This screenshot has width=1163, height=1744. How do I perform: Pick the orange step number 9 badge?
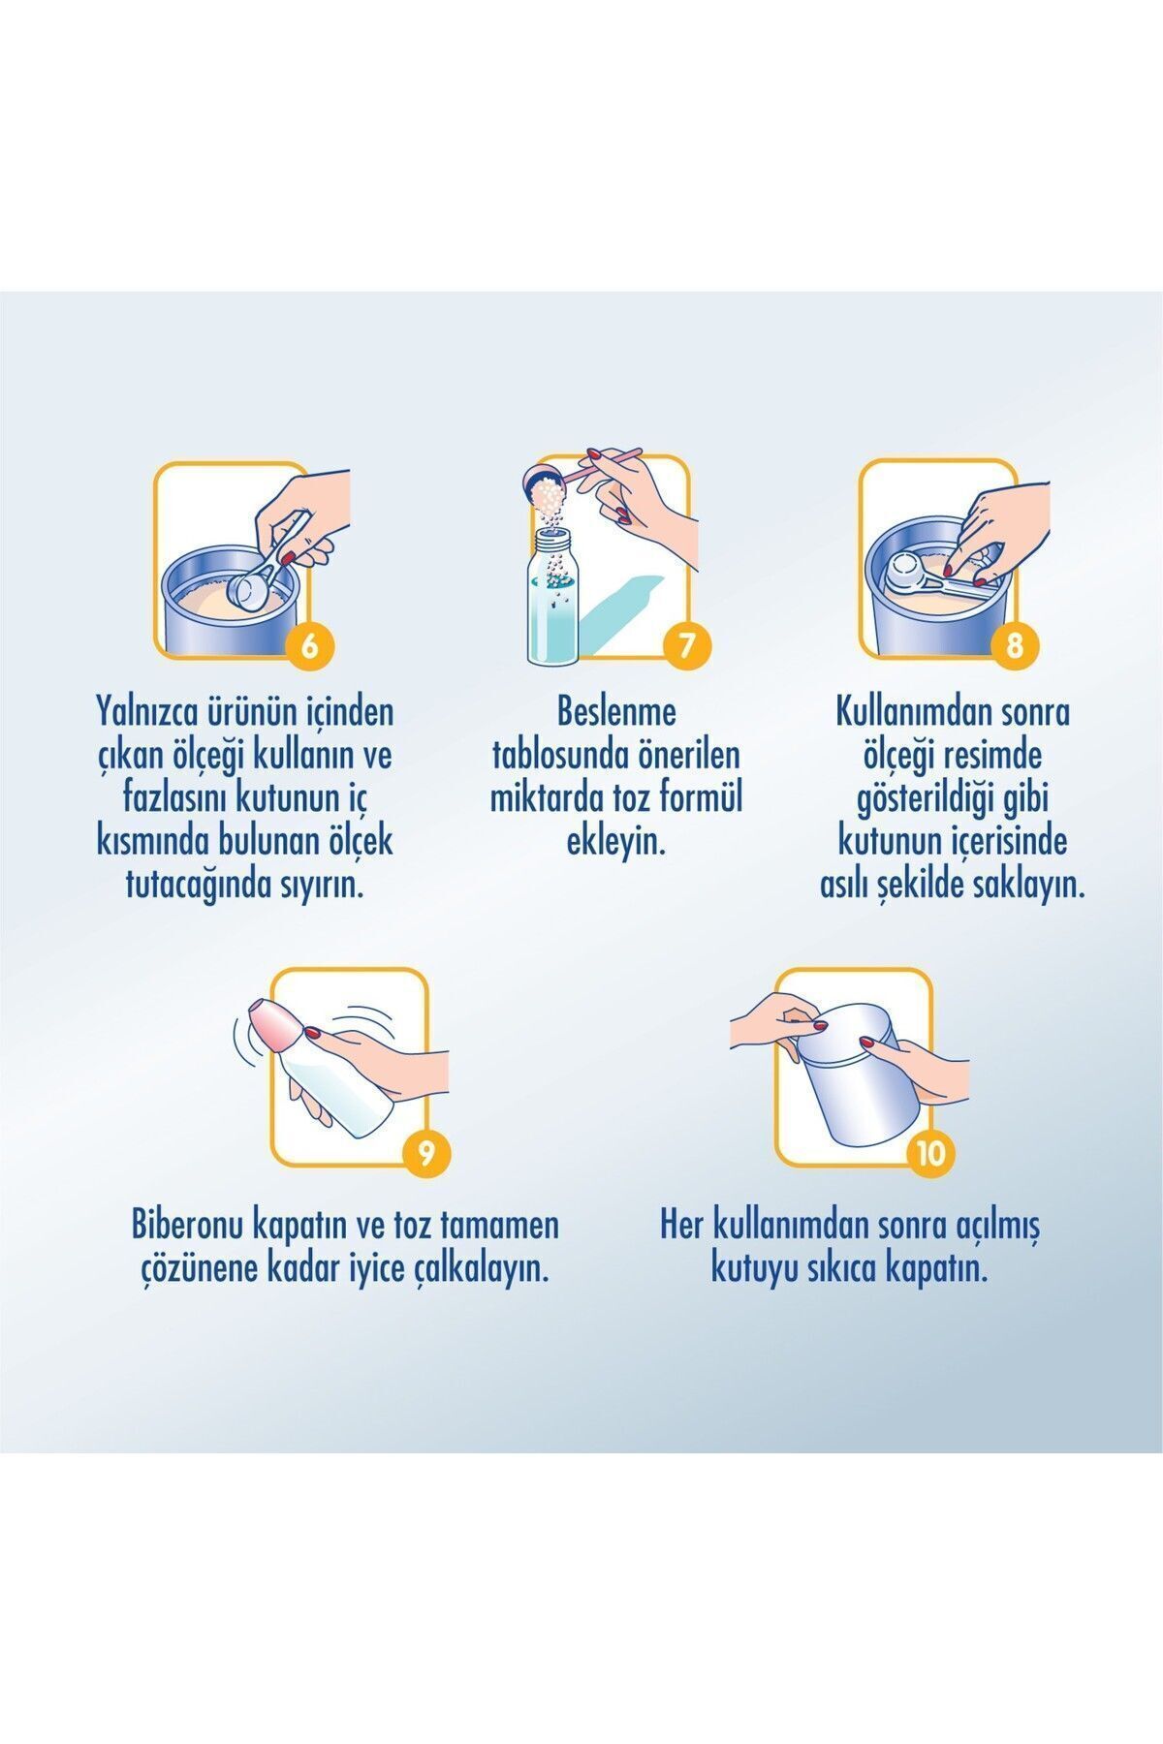coord(424,1154)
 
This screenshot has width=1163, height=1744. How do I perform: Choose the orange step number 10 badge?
coord(929,1154)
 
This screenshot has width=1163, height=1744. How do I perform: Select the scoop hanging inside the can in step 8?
coord(930,576)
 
